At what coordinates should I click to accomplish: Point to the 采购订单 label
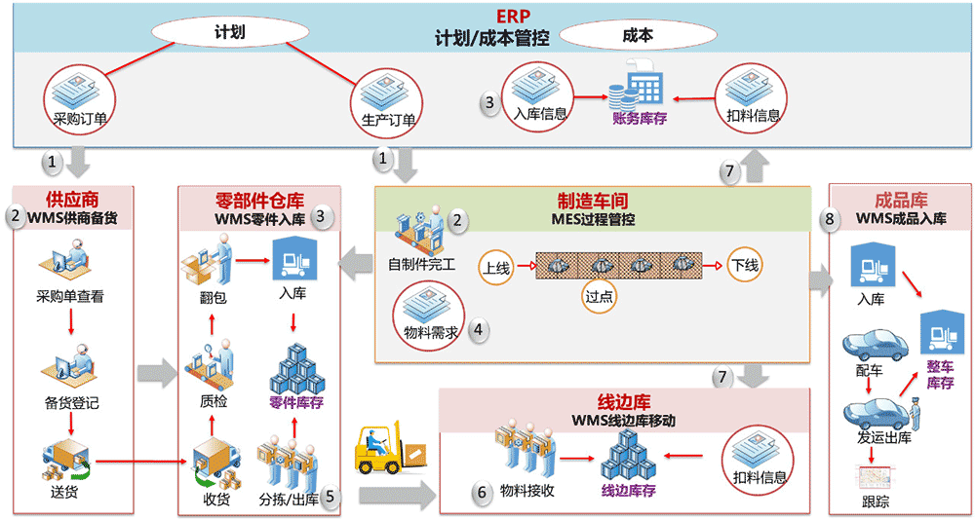click(x=81, y=120)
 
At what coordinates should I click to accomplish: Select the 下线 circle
click(x=747, y=264)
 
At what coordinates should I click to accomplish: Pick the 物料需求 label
click(x=430, y=331)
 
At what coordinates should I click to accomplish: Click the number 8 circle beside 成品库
click(x=830, y=219)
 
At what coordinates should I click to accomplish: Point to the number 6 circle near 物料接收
click(x=481, y=494)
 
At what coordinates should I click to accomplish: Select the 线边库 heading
click(x=624, y=402)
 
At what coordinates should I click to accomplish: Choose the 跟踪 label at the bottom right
click(x=875, y=502)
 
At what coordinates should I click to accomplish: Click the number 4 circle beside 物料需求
click(x=478, y=329)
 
